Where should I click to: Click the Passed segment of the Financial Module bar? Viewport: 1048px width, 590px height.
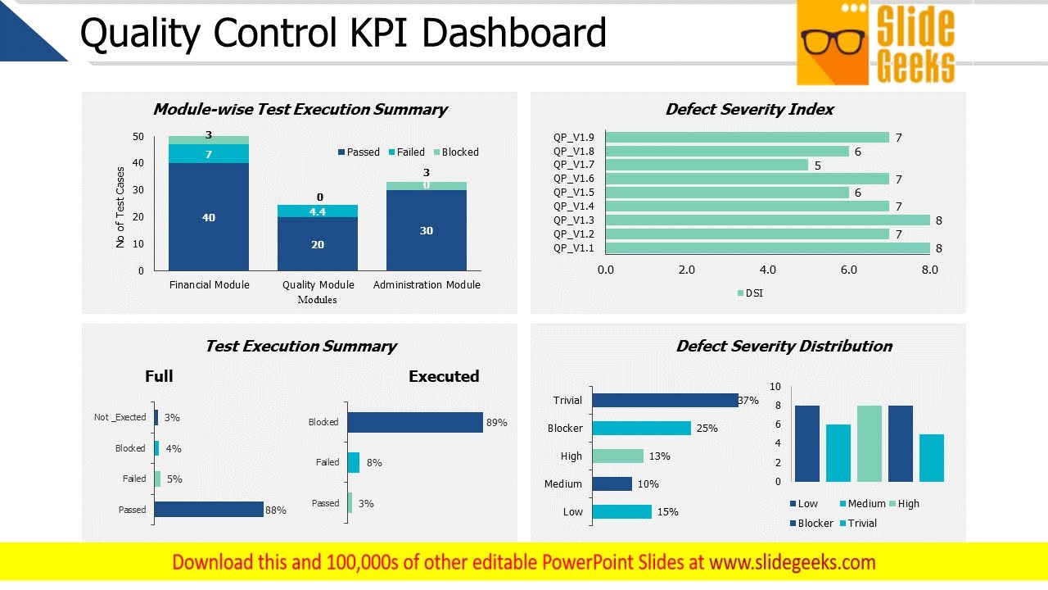pyautogui.click(x=209, y=217)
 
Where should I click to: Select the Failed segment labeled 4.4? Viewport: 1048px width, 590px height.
pyautogui.click(x=318, y=211)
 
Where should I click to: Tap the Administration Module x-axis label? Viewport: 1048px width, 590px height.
pyautogui.click(x=427, y=285)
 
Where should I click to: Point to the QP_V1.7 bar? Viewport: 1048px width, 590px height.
pyautogui.click(x=707, y=166)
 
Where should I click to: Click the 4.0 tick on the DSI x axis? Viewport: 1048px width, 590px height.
pyautogui.click(x=767, y=270)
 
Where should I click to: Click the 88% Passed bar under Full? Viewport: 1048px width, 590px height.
pyautogui.click(x=209, y=510)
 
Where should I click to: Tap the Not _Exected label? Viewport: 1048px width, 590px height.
pyautogui.click(x=120, y=417)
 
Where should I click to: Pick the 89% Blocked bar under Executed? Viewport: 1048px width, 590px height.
pyautogui.click(x=415, y=422)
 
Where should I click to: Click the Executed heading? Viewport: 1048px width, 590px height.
pyautogui.click(x=444, y=377)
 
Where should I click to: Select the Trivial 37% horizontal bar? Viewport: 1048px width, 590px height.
pyautogui.click(x=665, y=401)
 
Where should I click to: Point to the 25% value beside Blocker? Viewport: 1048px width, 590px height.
pyautogui.click(x=707, y=429)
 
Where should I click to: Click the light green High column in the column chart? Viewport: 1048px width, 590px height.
pyautogui.click(x=870, y=443)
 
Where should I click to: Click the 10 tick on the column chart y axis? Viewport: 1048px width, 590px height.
pyautogui.click(x=775, y=387)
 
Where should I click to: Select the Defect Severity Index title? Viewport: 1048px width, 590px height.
pyautogui.click(x=749, y=110)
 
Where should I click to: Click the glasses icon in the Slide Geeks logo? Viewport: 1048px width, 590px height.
pyautogui.click(x=833, y=42)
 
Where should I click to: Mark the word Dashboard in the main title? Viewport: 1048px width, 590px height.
pyautogui.click(x=513, y=34)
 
